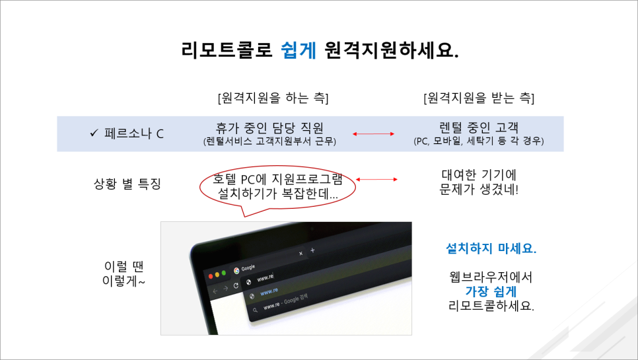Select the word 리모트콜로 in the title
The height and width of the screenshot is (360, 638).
[x=227, y=50]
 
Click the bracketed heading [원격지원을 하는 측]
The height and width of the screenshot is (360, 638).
[x=273, y=98]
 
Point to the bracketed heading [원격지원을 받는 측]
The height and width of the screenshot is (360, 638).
[x=478, y=98]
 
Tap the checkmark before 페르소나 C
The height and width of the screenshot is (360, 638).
[x=94, y=133]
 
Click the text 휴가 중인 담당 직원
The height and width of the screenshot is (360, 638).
[x=269, y=127]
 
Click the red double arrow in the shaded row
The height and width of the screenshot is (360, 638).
[x=372, y=134]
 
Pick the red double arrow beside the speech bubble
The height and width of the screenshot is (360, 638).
[x=377, y=178]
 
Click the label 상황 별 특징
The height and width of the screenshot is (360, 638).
[x=127, y=184]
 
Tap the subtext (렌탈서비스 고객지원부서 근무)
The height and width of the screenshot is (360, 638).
[x=269, y=141]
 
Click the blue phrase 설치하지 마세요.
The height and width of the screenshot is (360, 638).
[x=491, y=250]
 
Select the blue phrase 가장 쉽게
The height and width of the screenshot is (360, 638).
[x=491, y=291]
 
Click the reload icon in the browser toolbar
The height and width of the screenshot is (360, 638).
[x=236, y=286]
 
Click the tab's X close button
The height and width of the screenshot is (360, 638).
[x=301, y=253]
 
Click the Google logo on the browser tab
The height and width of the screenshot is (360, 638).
[x=237, y=269]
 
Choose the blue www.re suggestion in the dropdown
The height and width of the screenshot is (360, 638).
[x=269, y=291]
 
